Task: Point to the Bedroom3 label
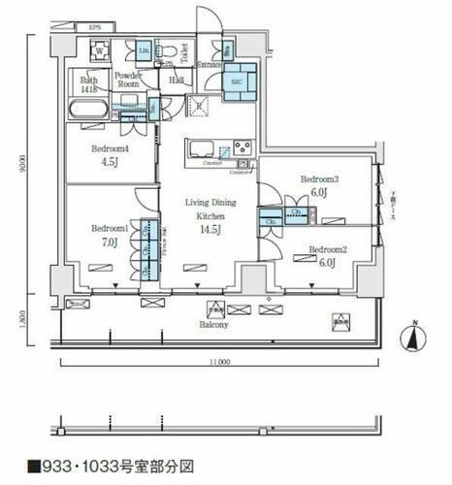318,179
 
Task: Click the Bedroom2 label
328,250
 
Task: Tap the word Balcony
215,325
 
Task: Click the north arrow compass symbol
415,338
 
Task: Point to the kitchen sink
203,148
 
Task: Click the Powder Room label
129,79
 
